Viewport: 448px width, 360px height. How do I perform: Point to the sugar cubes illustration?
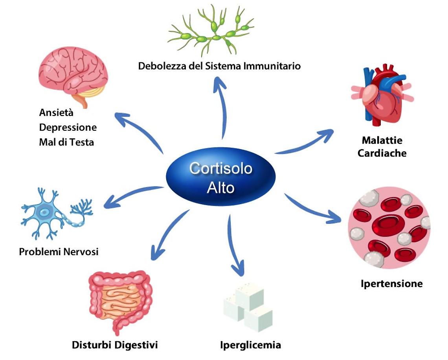point(248,306)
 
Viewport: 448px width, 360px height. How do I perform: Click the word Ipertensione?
point(391,283)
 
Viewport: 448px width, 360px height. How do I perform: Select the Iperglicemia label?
point(250,345)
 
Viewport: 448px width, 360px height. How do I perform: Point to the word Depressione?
point(68,128)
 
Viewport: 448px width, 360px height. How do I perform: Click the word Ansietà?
point(56,113)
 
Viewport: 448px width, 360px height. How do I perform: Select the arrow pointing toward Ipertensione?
point(310,208)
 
